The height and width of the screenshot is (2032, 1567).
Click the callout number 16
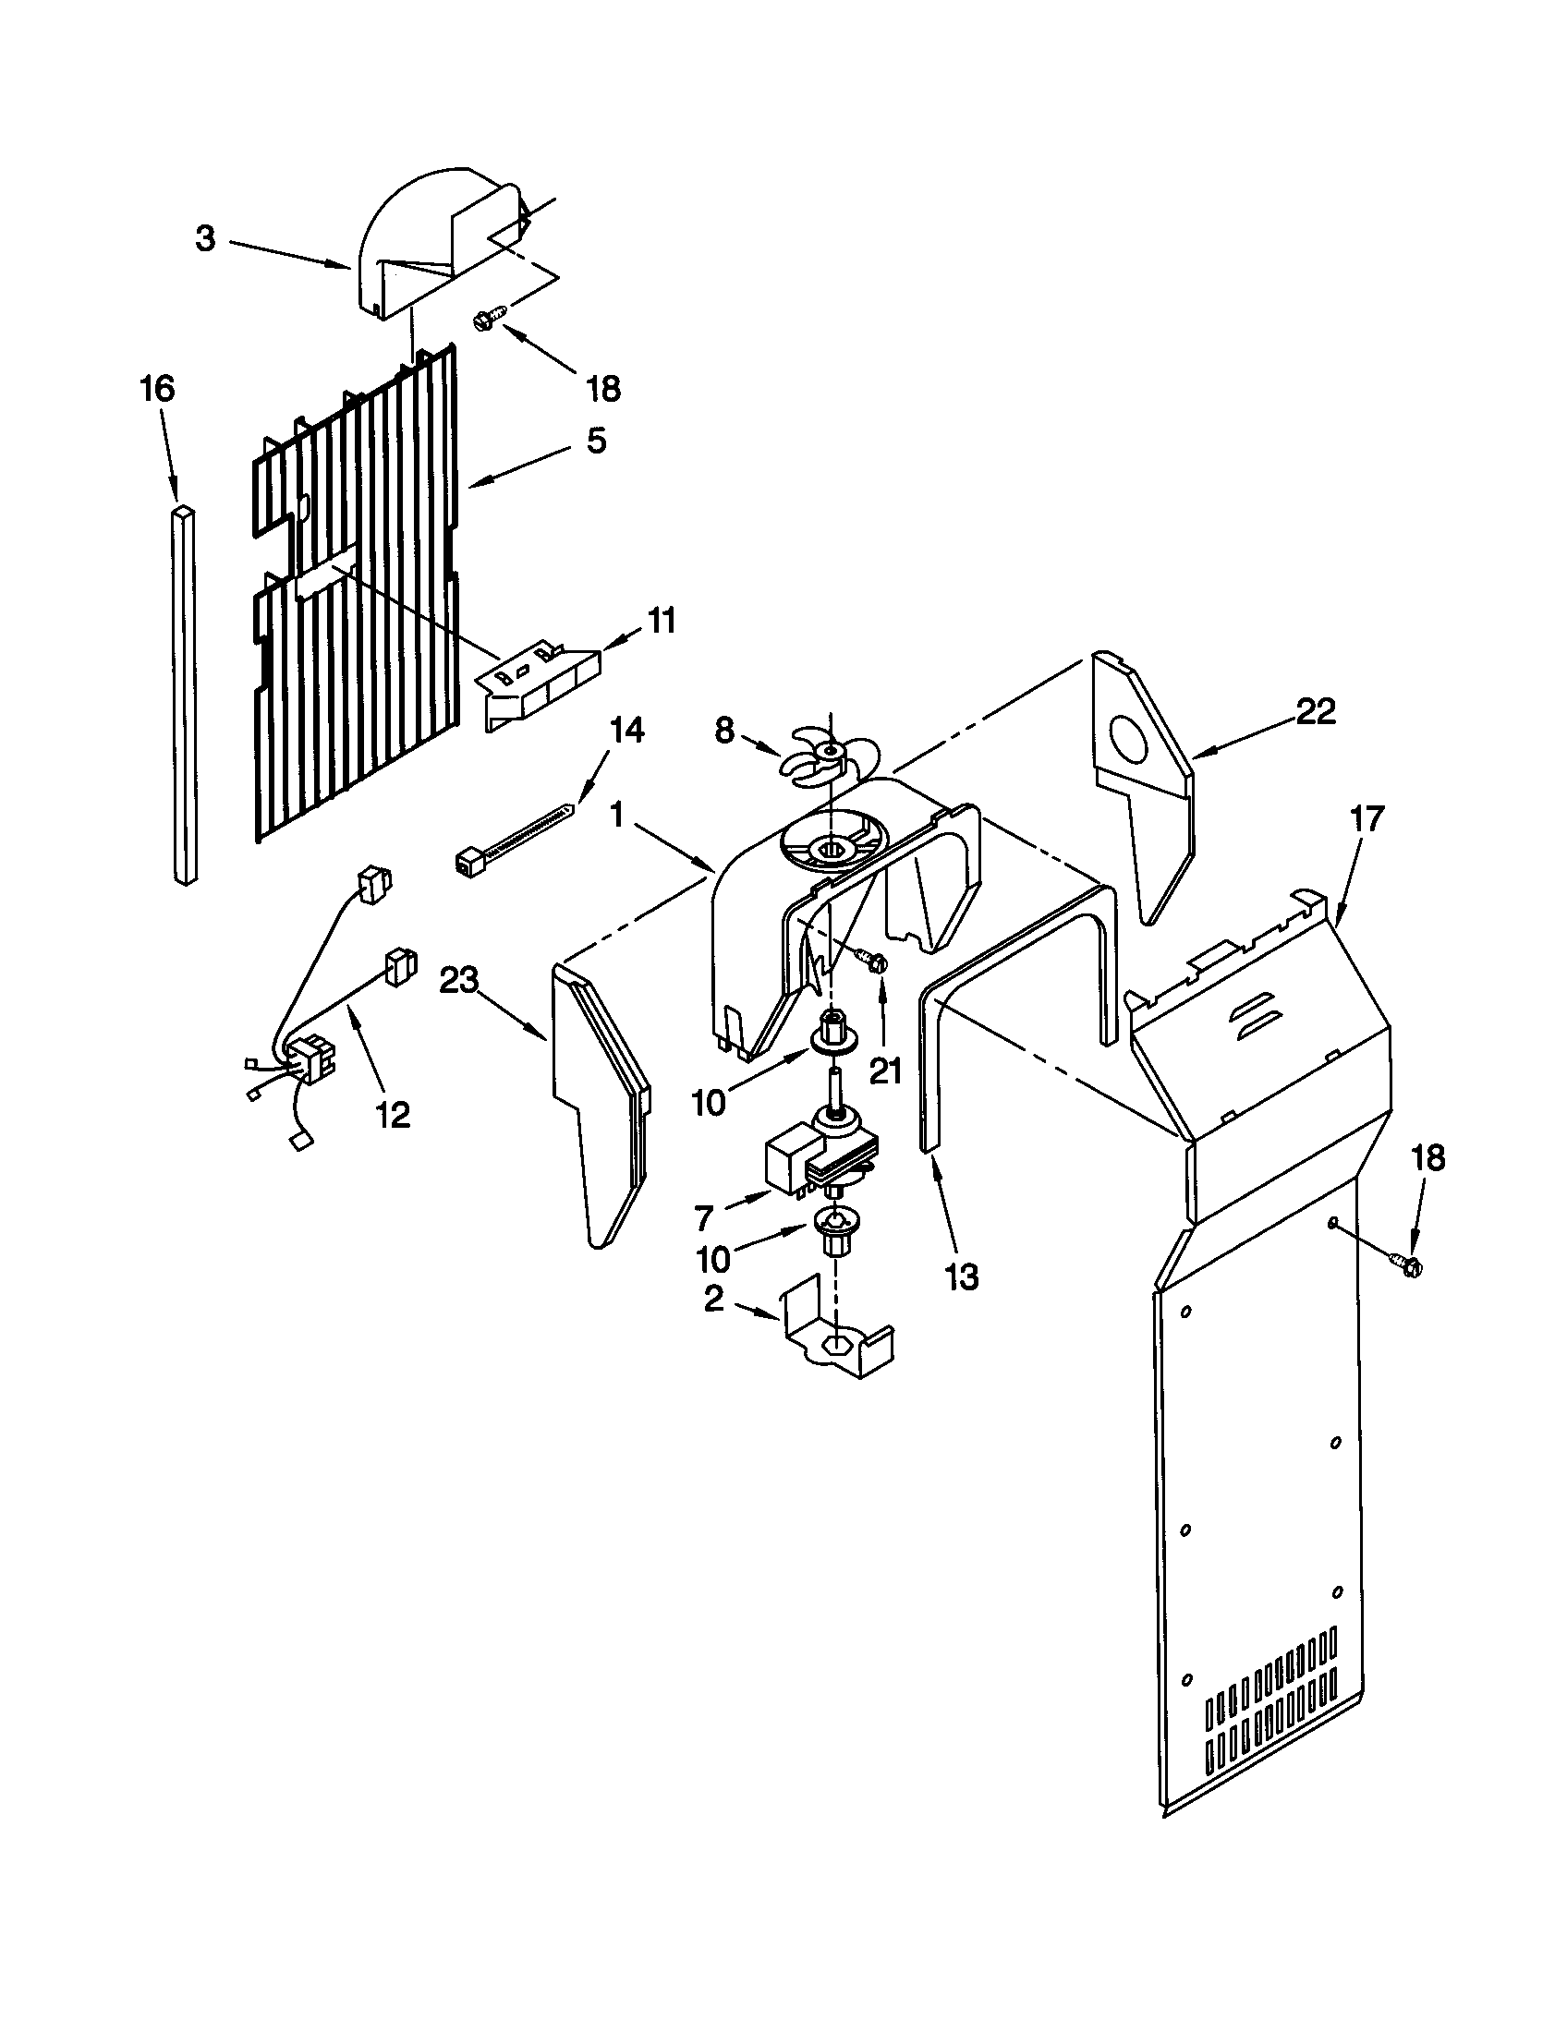tap(157, 388)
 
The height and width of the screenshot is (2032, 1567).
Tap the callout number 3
tap(206, 238)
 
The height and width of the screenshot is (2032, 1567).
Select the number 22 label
tap(1315, 711)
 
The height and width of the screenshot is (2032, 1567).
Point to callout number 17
tap(1366, 819)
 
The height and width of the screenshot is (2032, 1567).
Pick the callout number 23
tap(460, 981)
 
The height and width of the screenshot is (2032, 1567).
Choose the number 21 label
tap(885, 1071)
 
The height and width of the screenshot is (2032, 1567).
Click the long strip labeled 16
tap(184, 693)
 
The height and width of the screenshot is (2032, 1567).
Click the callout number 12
tap(394, 1114)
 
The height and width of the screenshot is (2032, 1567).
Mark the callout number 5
tap(596, 440)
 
